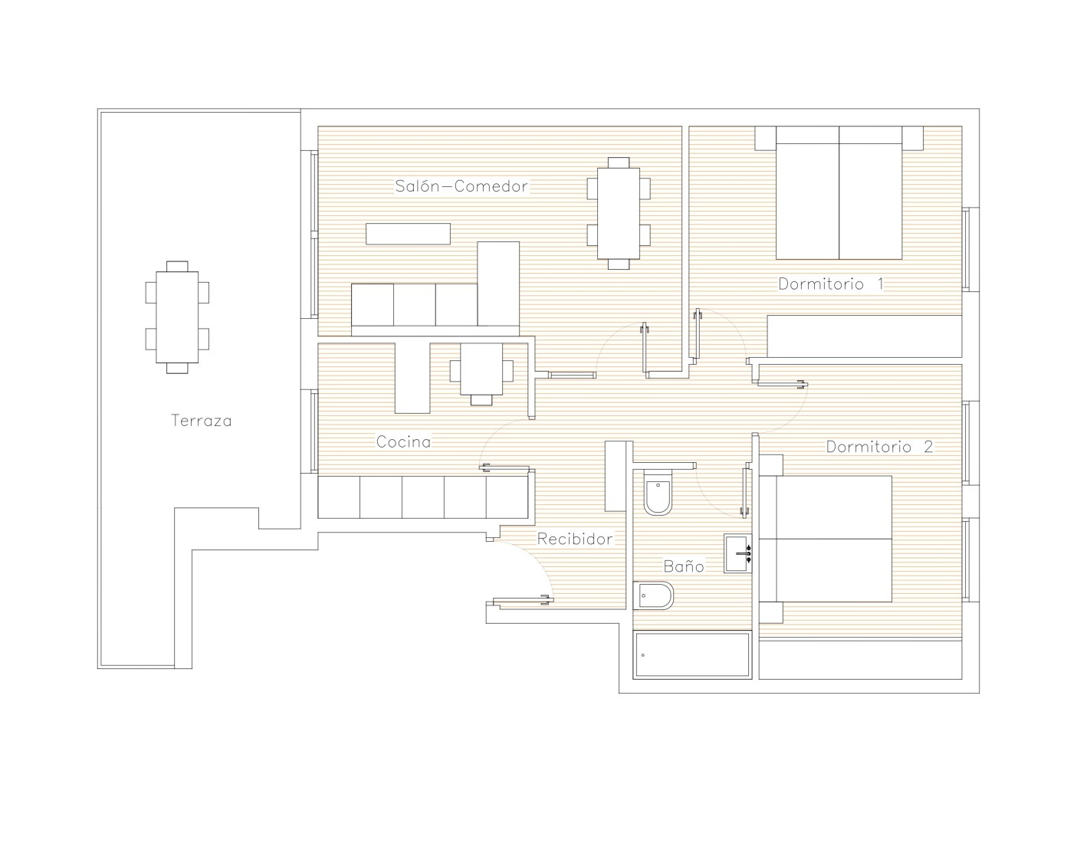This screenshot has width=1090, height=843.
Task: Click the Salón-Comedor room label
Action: pyautogui.click(x=461, y=186)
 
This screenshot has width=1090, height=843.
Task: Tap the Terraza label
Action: pyautogui.click(x=201, y=420)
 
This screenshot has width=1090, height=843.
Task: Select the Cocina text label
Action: pyautogui.click(x=403, y=441)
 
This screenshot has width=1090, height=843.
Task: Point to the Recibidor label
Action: pyautogui.click(x=575, y=539)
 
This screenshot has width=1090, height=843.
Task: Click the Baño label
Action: pyautogui.click(x=684, y=566)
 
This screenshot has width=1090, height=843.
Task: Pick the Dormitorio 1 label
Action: pyautogui.click(x=830, y=284)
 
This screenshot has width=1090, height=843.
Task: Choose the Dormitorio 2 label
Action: pyautogui.click(x=879, y=446)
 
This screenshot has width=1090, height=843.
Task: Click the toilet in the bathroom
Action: pyautogui.click(x=658, y=492)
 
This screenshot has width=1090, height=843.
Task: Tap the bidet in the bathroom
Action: pyautogui.click(x=653, y=595)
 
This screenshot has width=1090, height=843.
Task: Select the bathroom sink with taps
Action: pyautogui.click(x=738, y=553)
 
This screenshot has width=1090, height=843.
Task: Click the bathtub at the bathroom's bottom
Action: pyautogui.click(x=692, y=655)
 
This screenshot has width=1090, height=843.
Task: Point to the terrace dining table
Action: pyautogui.click(x=177, y=317)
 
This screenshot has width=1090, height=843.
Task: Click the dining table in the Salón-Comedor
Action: pyautogui.click(x=619, y=213)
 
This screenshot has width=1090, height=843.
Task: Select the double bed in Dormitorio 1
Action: pyautogui.click(x=839, y=192)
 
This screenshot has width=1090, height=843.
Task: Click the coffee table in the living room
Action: pyautogui.click(x=408, y=234)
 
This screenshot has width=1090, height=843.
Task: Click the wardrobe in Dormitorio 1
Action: pyautogui.click(x=865, y=336)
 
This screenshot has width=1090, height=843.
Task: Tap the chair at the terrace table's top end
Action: pyautogui.click(x=177, y=266)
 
